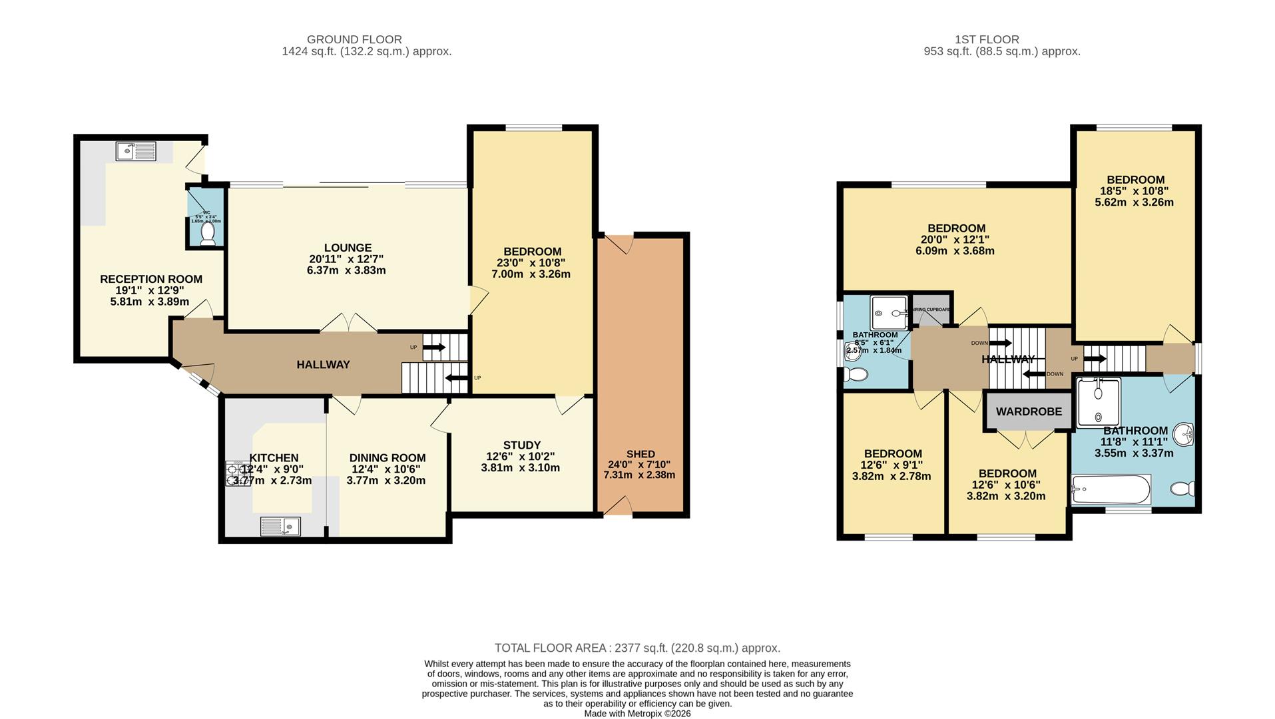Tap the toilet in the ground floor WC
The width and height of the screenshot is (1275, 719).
tap(208, 234)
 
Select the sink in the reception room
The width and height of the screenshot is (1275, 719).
tap(136, 152)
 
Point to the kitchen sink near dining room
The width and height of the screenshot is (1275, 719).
tap(280, 527)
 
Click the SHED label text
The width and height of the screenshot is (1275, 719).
tap(640, 454)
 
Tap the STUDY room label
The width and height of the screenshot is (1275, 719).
tap(521, 445)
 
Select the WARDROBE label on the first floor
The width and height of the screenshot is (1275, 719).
tap(1029, 411)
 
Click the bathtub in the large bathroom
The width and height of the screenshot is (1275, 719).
tap(1111, 491)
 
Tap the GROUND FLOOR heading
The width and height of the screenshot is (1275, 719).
tap(354, 39)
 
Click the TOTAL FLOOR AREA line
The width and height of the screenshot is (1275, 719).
tap(637, 648)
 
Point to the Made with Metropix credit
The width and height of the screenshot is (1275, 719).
tap(637, 714)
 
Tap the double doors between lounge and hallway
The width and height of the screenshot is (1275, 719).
tap(348, 323)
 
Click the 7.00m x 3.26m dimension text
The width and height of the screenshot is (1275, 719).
tap(531, 274)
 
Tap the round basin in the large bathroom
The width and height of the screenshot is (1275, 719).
tap(1184, 435)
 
